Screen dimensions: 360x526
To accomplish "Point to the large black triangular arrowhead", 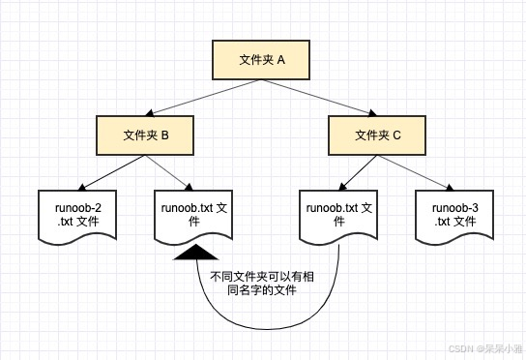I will [x=196, y=254].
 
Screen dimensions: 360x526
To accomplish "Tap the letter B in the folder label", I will [x=165, y=135].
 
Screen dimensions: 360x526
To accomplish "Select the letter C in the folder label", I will [x=396, y=135].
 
